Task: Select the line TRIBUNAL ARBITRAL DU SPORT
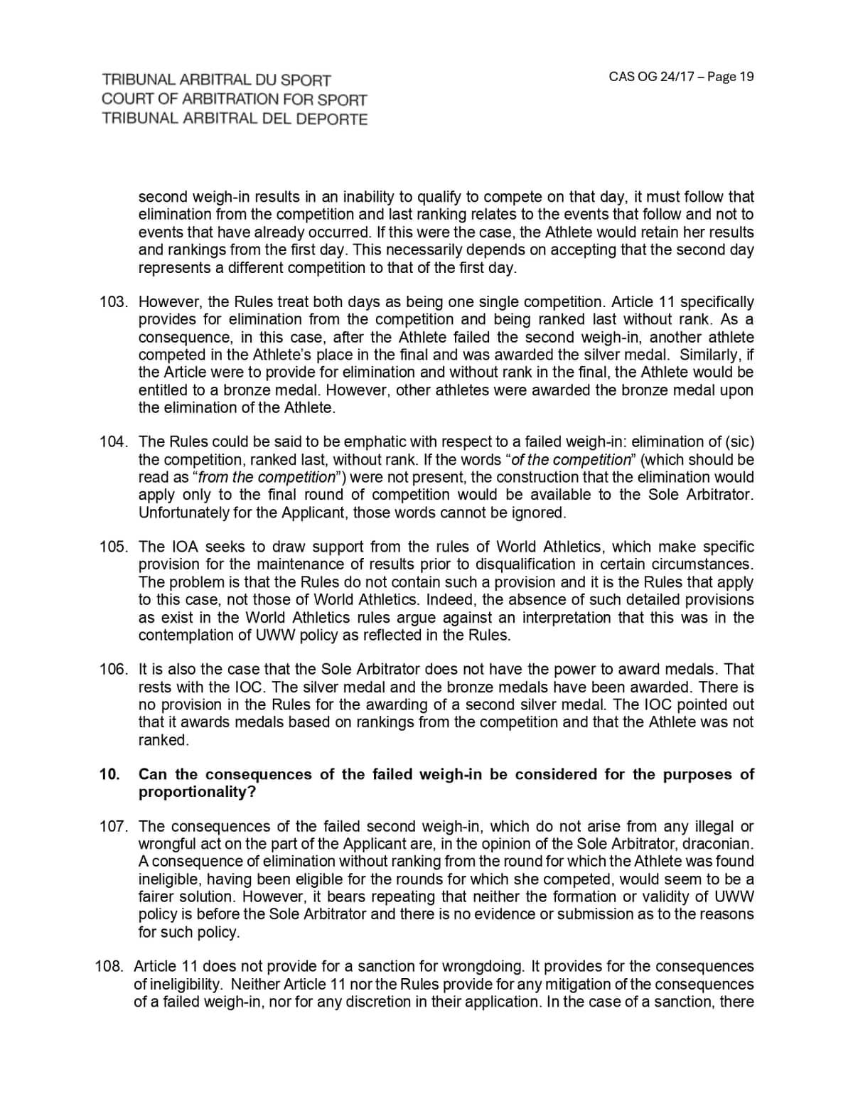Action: (x=216, y=80)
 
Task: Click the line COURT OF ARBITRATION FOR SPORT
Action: (x=235, y=100)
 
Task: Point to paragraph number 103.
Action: (x=113, y=302)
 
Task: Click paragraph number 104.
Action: (x=113, y=442)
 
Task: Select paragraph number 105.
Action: (x=113, y=547)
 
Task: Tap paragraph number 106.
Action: (x=113, y=670)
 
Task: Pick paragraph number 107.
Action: (x=113, y=826)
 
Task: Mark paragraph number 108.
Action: (x=110, y=967)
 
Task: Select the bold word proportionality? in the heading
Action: (x=197, y=792)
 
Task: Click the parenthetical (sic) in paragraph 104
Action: (x=739, y=442)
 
